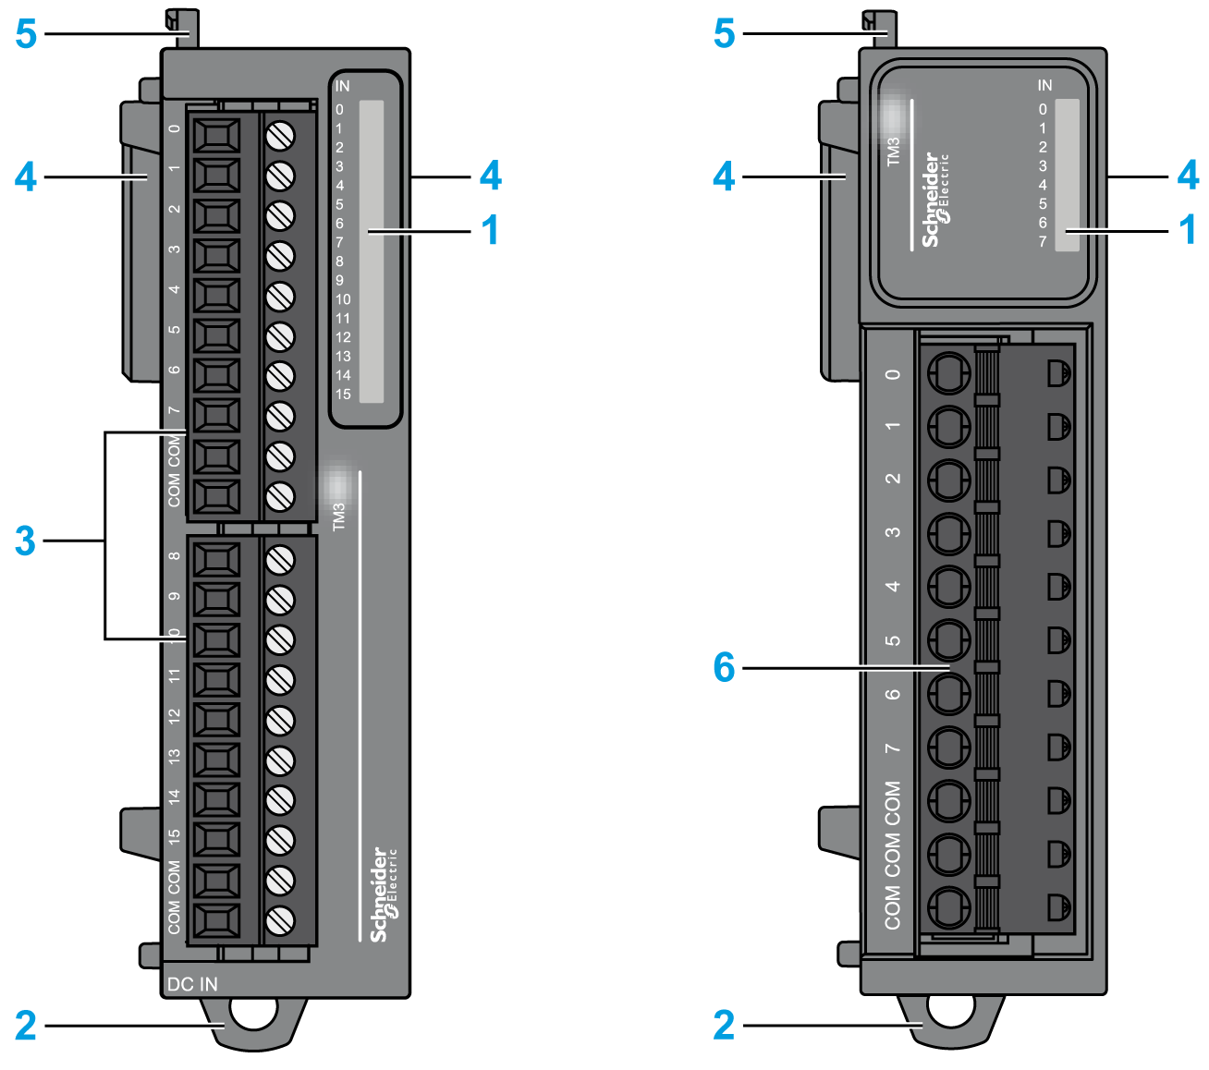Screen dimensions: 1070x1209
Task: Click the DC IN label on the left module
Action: (x=192, y=984)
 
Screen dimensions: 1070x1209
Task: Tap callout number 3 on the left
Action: (x=25, y=541)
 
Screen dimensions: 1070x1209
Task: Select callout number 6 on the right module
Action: (x=724, y=666)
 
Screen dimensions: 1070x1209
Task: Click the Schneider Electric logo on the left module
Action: (x=382, y=894)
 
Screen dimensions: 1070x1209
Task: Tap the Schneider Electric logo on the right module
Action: (x=934, y=200)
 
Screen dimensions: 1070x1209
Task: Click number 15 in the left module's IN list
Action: (x=343, y=395)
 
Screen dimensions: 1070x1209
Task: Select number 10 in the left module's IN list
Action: (x=343, y=299)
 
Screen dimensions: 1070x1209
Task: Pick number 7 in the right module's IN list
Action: (x=1043, y=241)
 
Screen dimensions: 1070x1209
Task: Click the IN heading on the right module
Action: (x=1044, y=85)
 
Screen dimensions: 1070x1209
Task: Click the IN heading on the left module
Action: (x=342, y=86)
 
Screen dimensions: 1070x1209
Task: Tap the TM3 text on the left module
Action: (x=339, y=517)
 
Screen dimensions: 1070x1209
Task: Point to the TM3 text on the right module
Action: (x=893, y=152)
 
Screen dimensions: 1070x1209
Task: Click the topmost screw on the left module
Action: (x=280, y=136)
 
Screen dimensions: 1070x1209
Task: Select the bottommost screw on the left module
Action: (x=280, y=920)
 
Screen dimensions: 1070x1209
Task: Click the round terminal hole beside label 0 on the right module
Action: (x=947, y=374)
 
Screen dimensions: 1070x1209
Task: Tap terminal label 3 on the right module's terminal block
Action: (x=893, y=532)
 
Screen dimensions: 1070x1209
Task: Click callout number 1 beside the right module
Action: (x=1189, y=230)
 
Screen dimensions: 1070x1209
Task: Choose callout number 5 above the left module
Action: (x=26, y=34)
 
